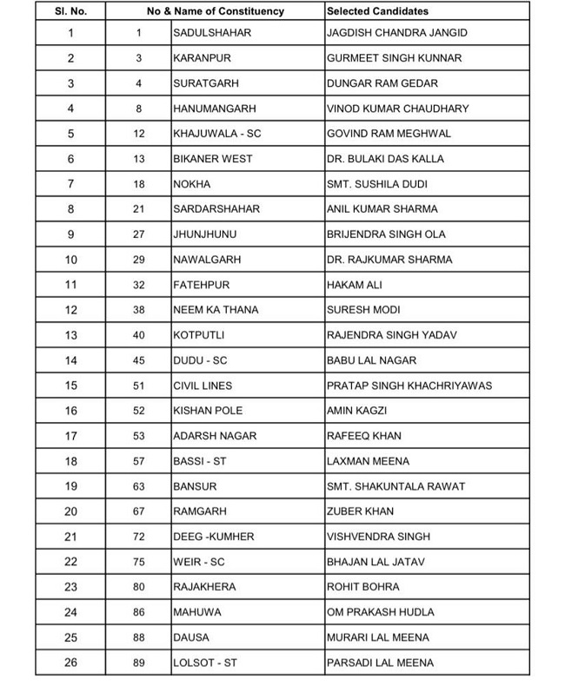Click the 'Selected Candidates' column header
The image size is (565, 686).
377,12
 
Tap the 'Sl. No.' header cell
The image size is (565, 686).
70,12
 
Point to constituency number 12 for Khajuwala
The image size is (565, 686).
139,134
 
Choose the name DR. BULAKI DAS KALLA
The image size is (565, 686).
384,159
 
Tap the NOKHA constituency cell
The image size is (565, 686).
192,184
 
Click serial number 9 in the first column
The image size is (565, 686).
70,234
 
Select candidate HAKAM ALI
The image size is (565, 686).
354,285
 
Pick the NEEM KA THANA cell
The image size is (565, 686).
216,310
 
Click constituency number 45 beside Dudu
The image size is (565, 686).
139,360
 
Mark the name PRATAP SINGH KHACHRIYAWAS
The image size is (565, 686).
409,386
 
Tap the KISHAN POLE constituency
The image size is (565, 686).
208,411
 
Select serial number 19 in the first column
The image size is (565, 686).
70,486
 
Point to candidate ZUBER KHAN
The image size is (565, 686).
358,511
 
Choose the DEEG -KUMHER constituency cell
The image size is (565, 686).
213,537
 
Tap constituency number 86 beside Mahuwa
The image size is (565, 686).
139,612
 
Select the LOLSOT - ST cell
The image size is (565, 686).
205,663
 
